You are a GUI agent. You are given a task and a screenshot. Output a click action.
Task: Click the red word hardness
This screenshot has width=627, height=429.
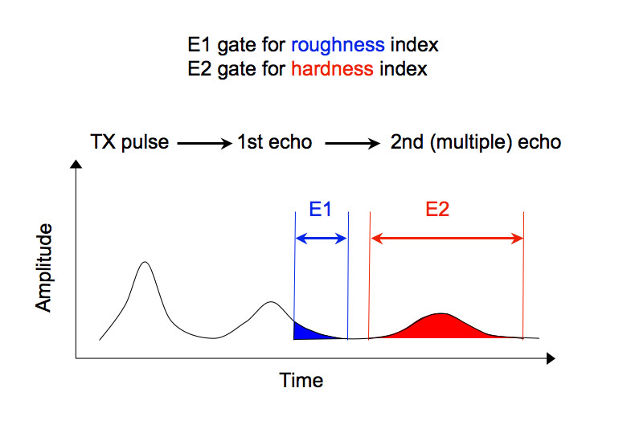click(x=332, y=68)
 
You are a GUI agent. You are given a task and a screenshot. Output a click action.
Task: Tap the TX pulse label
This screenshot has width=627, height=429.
click(x=129, y=143)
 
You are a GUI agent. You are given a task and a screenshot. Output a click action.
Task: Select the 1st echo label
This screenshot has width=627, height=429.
click(x=274, y=143)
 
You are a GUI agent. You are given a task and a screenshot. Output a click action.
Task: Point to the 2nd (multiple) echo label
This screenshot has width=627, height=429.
click(x=475, y=143)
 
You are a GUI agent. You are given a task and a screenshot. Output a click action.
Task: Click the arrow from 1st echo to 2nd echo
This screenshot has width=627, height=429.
click(x=350, y=144)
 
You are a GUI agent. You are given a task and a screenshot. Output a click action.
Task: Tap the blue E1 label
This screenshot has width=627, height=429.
click(x=321, y=210)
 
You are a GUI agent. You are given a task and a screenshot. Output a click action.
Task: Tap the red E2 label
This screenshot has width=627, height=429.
click(x=437, y=210)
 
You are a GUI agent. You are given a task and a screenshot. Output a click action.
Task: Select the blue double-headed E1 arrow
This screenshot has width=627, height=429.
click(x=321, y=238)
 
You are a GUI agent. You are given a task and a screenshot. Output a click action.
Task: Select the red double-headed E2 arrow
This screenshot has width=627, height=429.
click(x=446, y=238)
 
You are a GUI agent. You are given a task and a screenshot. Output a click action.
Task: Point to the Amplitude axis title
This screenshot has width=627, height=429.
click(x=44, y=268)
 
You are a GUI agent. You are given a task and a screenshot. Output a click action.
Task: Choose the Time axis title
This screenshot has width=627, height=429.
click(x=301, y=380)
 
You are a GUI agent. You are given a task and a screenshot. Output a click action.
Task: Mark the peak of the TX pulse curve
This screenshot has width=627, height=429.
click(x=145, y=262)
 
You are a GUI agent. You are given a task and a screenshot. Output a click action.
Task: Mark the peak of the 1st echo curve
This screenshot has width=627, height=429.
click(x=271, y=302)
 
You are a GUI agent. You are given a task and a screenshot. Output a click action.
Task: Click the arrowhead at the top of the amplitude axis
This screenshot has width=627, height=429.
click(x=76, y=165)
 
